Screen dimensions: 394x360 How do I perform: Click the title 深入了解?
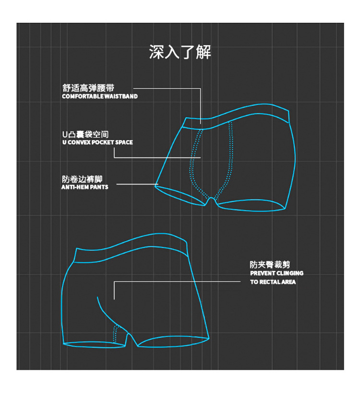click(x=180, y=52)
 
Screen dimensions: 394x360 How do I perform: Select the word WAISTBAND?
click(x=120, y=97)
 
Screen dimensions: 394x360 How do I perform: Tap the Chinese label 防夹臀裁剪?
click(x=270, y=265)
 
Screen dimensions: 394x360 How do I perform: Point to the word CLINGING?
click(x=290, y=273)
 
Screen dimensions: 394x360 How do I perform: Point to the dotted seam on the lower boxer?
click(x=115, y=334)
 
